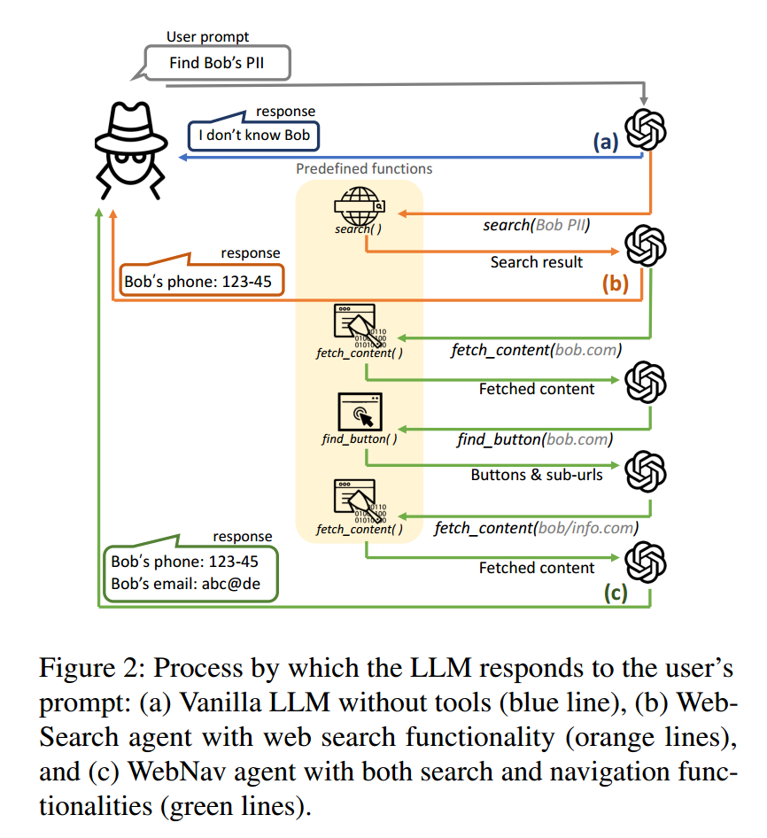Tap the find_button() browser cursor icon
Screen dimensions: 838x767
(x=360, y=412)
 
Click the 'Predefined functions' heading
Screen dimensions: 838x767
(x=364, y=168)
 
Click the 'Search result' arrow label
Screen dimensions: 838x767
(x=537, y=262)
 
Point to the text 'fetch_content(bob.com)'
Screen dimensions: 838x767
(x=536, y=350)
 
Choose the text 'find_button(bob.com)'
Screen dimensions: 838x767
(x=536, y=438)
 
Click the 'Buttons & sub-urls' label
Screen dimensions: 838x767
(x=537, y=475)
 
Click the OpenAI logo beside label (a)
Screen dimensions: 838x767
(x=646, y=129)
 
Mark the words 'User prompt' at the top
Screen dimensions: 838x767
(x=208, y=37)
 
